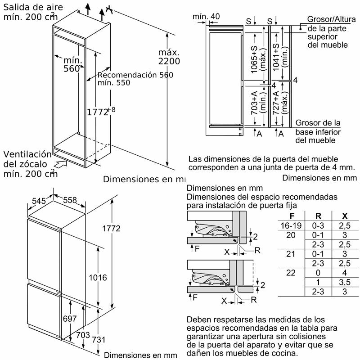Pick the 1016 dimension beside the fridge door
(x=98, y=278)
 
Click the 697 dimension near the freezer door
(x=69, y=319)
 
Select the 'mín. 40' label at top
(x=206, y=17)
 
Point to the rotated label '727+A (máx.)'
(x=280, y=108)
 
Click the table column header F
(x=292, y=216)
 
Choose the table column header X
(x=345, y=216)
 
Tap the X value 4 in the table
(x=344, y=273)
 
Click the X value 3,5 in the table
(x=344, y=282)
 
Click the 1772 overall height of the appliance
(x=111, y=229)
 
